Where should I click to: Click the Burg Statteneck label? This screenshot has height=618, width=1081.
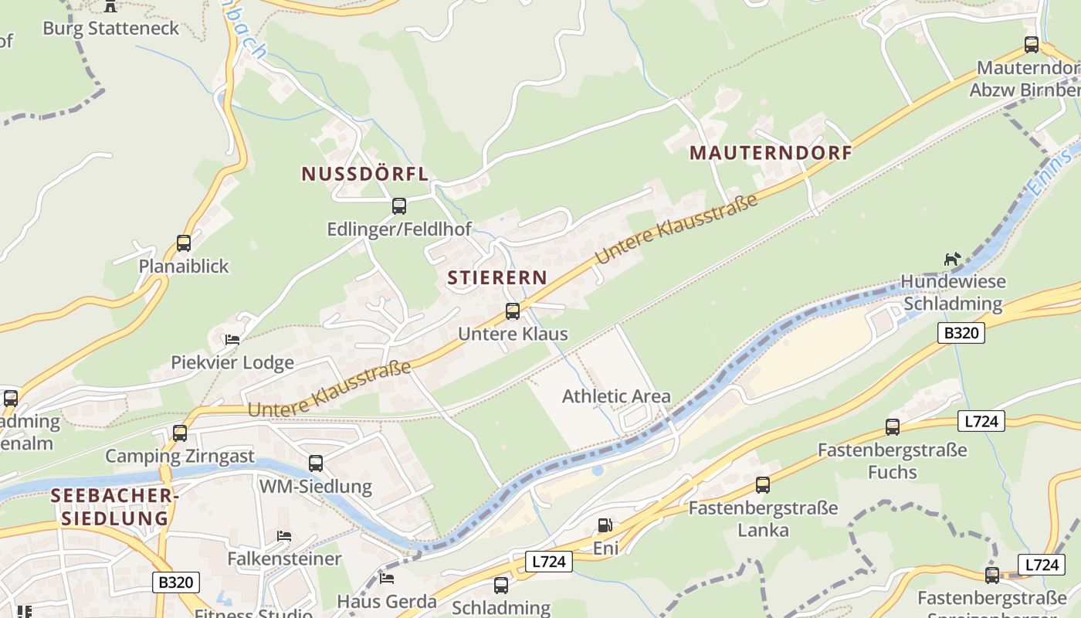coord(110,29)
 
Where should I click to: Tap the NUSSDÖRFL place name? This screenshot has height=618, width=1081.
coord(364,174)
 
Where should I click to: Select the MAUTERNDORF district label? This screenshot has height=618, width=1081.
coord(771,153)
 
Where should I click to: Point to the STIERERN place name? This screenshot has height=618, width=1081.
coord(497,278)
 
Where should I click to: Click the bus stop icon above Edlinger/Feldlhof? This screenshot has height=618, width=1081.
coord(398,206)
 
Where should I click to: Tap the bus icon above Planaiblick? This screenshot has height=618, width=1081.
coord(184,243)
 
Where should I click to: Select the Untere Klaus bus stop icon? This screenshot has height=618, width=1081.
coord(512,311)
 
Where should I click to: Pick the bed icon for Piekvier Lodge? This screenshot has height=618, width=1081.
coord(232,339)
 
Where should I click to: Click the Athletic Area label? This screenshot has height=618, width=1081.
coord(616,396)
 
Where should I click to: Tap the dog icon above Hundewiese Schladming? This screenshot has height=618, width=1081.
coord(952,260)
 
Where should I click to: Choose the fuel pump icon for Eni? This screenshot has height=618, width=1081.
coord(605,525)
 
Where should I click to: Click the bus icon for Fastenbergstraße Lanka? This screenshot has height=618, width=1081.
coord(762,485)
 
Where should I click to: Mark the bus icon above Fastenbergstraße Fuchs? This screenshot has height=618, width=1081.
coord(892,426)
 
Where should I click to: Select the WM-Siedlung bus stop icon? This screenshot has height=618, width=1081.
coord(315,463)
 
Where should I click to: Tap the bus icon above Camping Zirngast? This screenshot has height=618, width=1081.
coord(180,433)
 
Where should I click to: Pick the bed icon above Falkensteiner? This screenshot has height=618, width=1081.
coord(284,535)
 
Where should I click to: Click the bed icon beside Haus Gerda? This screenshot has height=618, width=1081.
coord(387,578)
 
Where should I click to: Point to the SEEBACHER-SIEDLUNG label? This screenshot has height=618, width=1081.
coord(114,507)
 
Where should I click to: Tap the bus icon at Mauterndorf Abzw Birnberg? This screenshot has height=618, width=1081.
coord(1031,45)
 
